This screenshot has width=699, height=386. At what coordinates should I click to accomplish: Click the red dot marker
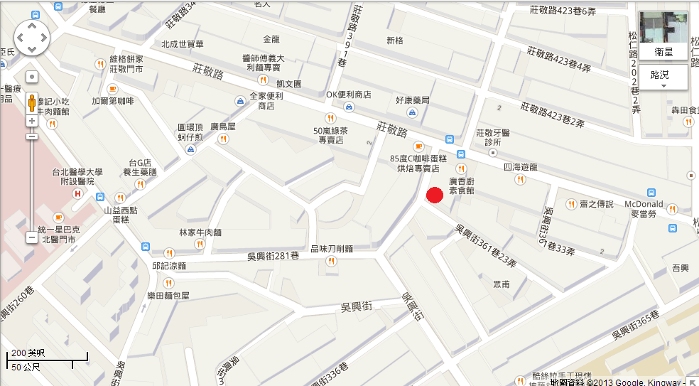click(x=435, y=195)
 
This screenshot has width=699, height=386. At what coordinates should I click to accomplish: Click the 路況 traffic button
click(x=663, y=75)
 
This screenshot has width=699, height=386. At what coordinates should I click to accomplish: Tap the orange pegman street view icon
click(x=32, y=104)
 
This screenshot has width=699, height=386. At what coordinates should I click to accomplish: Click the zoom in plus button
click(x=32, y=121)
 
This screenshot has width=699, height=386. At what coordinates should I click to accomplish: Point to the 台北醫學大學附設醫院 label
click(x=77, y=176)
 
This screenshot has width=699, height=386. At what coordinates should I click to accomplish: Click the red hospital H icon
click(x=78, y=194)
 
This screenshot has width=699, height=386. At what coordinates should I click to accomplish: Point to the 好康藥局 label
click(x=413, y=100)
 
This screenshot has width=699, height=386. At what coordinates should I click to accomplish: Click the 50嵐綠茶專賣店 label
click(x=330, y=135)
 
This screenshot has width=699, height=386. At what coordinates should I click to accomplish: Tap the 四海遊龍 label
click(x=519, y=167)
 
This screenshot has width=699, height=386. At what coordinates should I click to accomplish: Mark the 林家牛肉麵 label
click(x=200, y=232)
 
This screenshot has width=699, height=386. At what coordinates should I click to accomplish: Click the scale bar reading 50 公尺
click(x=26, y=367)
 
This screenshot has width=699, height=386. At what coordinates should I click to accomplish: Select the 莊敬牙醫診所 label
click(x=493, y=137)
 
